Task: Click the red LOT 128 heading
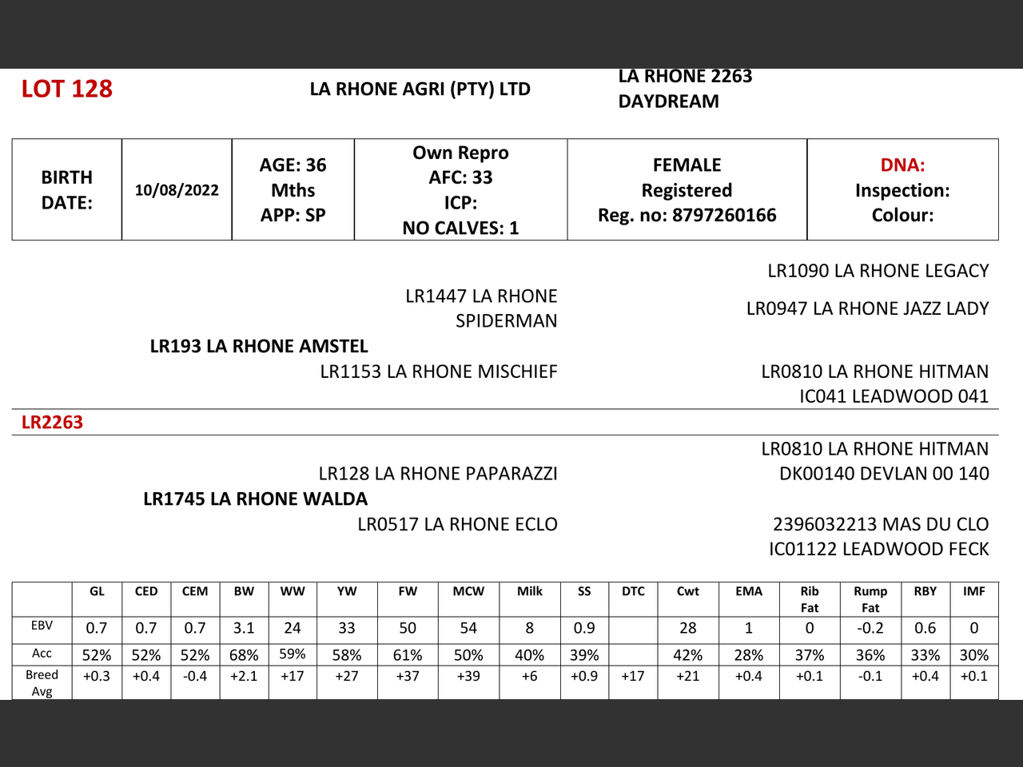[67, 89]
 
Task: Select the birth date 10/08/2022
[177, 190]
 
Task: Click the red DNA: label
[902, 165]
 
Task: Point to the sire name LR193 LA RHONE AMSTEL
[259, 346]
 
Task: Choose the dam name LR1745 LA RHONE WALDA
[256, 499]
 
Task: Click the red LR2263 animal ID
[52, 422]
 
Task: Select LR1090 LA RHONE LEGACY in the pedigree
[878, 271]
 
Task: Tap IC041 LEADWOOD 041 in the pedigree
[894, 396]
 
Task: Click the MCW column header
[468, 591]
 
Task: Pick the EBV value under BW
[244, 628]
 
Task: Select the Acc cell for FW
[408, 655]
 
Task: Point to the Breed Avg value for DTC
[633, 676]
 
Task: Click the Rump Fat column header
[870, 598]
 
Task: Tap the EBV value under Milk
[529, 628]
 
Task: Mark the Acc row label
[42, 654]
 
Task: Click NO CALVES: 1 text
[460, 229]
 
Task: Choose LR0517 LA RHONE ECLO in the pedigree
[457, 524]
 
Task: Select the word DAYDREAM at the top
[668, 101]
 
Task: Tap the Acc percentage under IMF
[973, 655]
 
